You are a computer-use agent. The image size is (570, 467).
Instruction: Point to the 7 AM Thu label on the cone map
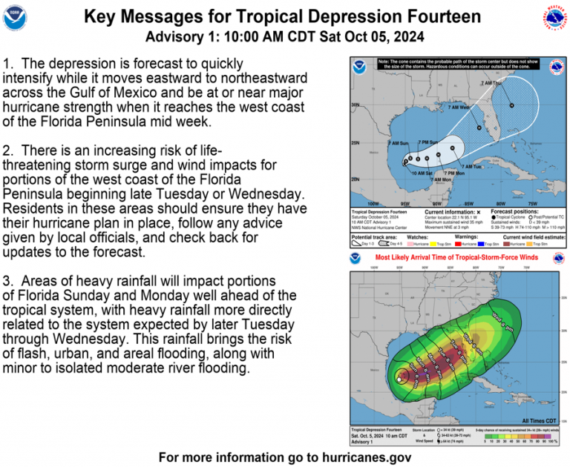coord(491,83)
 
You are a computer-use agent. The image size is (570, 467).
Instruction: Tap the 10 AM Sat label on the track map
coord(423,173)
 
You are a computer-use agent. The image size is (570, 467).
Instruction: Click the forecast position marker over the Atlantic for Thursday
coord(511,107)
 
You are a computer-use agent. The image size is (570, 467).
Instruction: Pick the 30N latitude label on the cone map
coord(355,105)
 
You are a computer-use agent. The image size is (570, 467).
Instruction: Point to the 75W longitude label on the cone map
coord(532,202)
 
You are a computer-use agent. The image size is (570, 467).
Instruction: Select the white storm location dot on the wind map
coord(399,380)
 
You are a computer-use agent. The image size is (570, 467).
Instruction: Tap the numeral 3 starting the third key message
coord(7,282)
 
